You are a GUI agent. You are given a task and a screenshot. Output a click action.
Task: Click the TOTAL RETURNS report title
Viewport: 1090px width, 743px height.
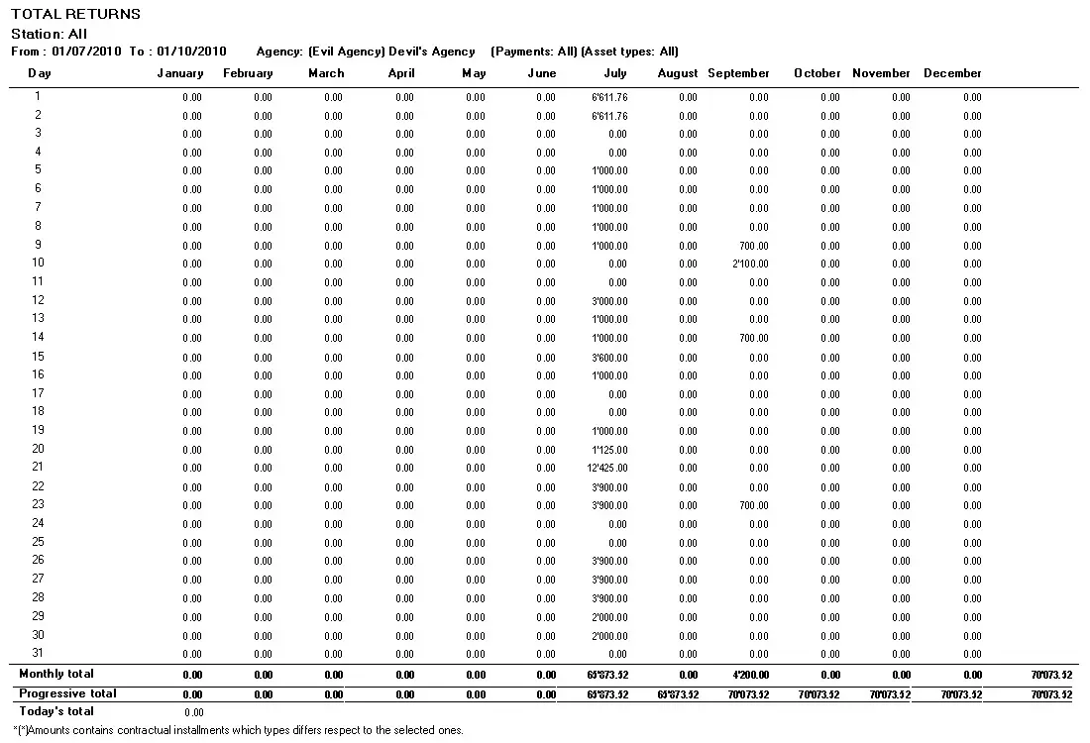75,14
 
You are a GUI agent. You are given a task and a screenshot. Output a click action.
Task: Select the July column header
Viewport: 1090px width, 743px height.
615,73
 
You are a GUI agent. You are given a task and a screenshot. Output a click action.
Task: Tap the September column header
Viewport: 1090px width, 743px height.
738,73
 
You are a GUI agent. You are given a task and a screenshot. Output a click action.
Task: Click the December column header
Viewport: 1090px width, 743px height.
952,73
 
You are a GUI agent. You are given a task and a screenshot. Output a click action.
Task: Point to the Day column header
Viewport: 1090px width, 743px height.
40,73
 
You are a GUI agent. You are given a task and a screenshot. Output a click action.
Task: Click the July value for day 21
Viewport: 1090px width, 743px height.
607,468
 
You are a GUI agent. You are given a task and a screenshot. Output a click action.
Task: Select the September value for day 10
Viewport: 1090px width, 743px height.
751,264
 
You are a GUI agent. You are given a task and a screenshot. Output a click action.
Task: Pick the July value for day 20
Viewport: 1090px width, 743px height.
609,450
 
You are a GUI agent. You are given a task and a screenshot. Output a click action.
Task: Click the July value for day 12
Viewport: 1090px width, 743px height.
609,301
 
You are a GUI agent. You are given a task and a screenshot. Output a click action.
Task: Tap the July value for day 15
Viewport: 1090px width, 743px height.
609,357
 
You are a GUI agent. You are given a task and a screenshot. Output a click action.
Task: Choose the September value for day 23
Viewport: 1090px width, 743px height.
754,505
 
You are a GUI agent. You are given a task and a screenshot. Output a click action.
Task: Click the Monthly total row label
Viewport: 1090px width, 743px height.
56,674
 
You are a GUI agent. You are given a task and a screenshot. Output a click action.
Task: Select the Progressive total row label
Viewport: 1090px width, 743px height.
67,693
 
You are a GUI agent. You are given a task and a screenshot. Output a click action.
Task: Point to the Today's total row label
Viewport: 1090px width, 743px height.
56,711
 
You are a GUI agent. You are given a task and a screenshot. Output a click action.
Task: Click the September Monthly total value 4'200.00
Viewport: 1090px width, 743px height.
750,675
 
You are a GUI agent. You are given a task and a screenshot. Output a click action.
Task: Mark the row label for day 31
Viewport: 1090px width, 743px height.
39,652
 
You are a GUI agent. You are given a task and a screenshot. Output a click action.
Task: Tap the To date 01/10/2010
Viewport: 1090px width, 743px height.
191,52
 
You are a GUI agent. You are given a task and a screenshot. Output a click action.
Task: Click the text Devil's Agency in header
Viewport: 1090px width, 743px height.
433,52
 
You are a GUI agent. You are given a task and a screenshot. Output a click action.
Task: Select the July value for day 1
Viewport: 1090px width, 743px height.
609,97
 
